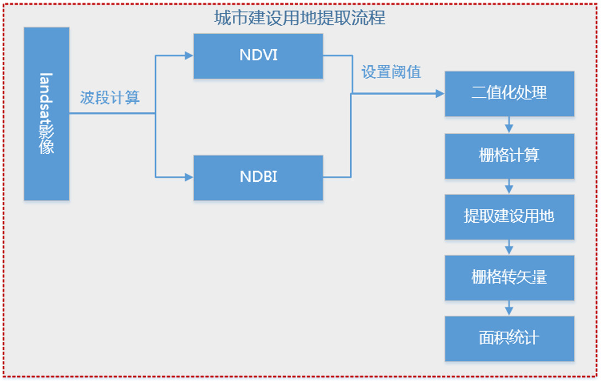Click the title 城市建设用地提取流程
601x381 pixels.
(x=300, y=18)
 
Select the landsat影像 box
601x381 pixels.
(x=46, y=113)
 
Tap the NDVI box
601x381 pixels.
(x=258, y=55)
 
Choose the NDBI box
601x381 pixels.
(x=258, y=177)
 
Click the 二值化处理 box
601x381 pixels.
(x=509, y=93)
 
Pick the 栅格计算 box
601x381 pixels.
(x=509, y=155)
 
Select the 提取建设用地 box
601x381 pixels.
(x=509, y=216)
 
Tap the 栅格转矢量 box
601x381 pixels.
(x=509, y=277)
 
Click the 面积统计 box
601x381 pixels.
(x=509, y=338)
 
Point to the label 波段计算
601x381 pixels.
(x=109, y=98)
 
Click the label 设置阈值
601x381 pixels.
(x=391, y=72)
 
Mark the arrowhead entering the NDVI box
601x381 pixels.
(x=189, y=55)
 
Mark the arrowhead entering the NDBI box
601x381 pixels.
(x=189, y=177)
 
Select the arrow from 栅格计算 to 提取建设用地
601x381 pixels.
(x=509, y=186)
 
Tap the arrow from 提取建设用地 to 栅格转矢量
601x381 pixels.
(x=509, y=247)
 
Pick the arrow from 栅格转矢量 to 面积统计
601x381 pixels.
(x=509, y=308)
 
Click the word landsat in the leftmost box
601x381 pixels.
(x=46, y=97)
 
